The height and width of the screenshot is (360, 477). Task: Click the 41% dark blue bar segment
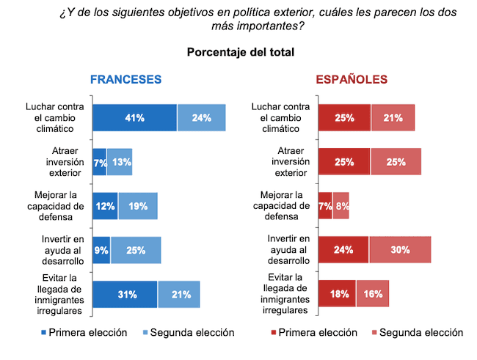tap(134, 117)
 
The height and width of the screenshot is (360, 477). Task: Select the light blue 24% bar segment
tap(201, 117)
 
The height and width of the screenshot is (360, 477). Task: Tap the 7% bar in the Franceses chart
tap(99, 162)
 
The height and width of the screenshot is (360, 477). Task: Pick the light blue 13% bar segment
tap(120, 162)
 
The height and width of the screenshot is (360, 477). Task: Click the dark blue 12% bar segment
tap(105, 206)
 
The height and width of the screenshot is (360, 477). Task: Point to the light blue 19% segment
tap(138, 206)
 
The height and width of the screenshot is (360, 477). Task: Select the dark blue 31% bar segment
tap(125, 294)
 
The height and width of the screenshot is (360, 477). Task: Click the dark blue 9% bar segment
tap(101, 250)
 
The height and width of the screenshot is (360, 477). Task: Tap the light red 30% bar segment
tap(400, 250)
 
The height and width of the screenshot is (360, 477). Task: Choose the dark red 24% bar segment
tap(343, 250)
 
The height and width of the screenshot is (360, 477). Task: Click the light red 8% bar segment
tap(341, 206)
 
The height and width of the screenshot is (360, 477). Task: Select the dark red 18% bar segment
tap(337, 294)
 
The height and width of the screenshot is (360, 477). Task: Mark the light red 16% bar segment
tap(373, 294)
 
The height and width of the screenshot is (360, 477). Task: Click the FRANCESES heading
tap(125, 80)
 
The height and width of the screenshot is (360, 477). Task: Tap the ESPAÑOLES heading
tap(352, 80)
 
